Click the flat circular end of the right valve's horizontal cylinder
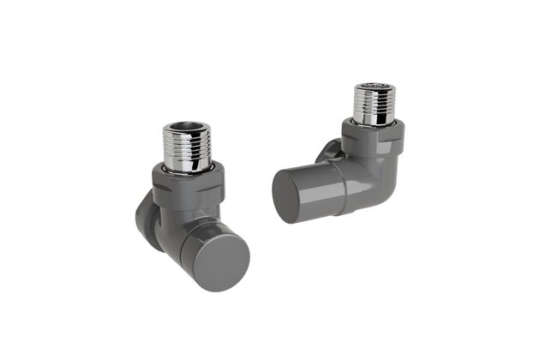click(286, 194)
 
